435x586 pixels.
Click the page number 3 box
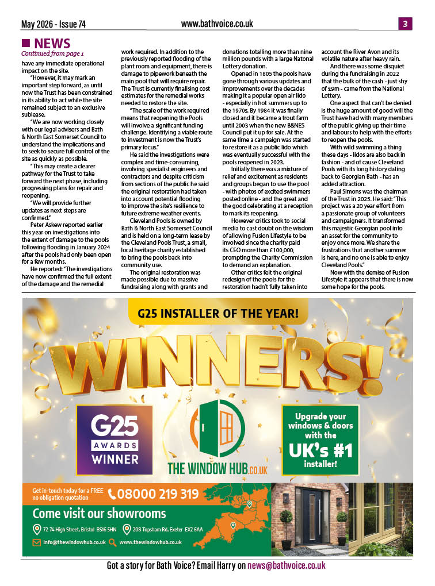405,24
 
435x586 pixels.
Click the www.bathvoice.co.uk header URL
217,24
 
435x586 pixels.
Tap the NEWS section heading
52,43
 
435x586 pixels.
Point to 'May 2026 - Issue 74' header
54,24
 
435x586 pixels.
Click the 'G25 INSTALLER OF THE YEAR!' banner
218,314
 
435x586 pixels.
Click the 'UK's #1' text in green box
320,450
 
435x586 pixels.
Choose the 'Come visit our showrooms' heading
99,513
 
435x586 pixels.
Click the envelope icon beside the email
36,542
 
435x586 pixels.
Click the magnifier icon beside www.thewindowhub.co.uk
112,542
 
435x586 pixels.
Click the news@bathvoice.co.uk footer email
287,566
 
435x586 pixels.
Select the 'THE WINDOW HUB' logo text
217,468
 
